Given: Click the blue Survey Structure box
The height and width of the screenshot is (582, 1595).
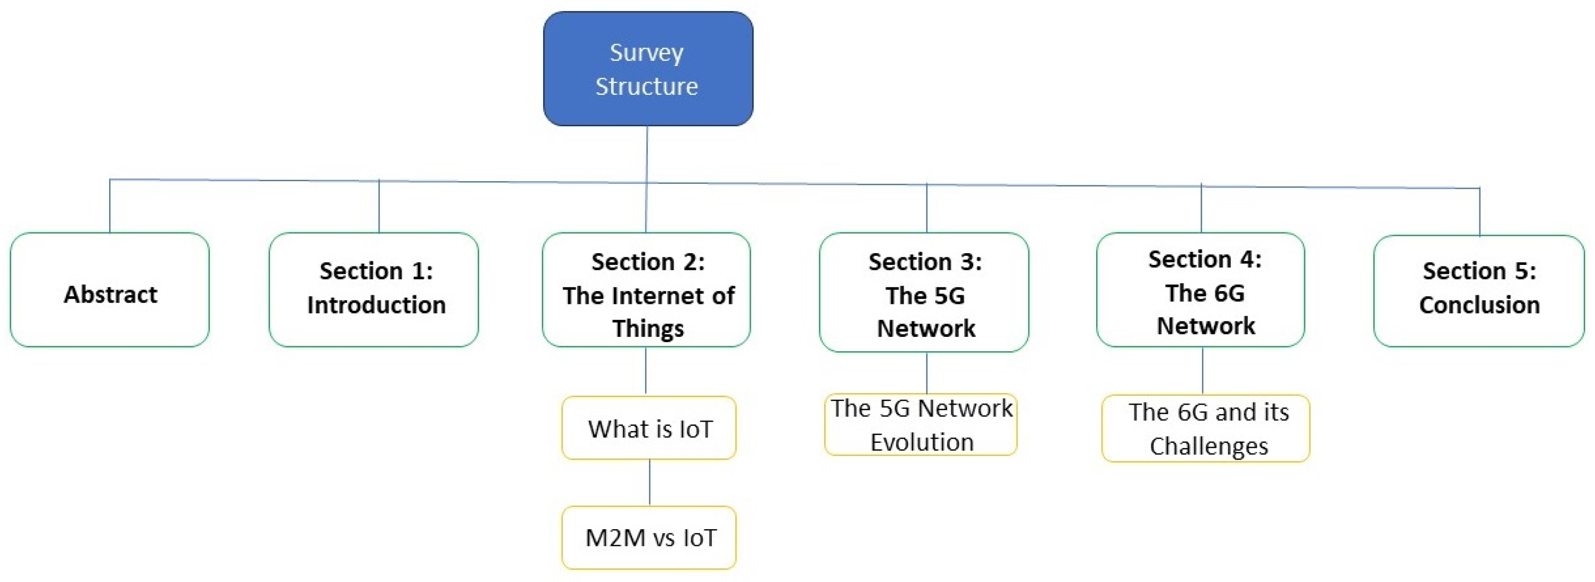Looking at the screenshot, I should [x=648, y=68].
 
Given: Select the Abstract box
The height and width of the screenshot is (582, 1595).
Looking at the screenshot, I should [x=110, y=289].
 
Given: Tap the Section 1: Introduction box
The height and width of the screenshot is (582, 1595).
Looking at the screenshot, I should [x=373, y=289].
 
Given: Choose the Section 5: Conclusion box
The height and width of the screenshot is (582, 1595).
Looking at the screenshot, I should [x=1478, y=290].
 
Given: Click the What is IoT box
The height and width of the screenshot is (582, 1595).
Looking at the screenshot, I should [x=649, y=427].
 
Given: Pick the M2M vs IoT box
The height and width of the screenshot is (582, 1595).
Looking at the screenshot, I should [x=649, y=537].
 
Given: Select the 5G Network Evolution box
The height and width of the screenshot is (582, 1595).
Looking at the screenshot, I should [x=920, y=425].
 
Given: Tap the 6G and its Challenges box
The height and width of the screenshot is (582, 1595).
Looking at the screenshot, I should [x=1205, y=429].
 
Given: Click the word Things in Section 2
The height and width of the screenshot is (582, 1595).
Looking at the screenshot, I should [x=648, y=328].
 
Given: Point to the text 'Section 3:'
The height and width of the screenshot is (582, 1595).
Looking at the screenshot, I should [x=925, y=262].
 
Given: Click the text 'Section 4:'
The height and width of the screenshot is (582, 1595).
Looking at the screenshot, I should [x=1205, y=259].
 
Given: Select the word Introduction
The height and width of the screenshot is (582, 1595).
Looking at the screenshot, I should [x=376, y=305].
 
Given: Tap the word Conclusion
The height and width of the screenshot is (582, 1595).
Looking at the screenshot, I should [x=1479, y=305].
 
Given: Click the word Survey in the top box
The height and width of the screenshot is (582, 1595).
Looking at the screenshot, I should [x=646, y=52].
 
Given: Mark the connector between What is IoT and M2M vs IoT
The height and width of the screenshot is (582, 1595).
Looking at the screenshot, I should [x=649, y=482].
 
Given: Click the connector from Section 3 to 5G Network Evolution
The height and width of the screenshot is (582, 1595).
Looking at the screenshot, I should [x=927, y=372].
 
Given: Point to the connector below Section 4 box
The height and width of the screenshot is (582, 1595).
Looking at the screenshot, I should [x=1203, y=370].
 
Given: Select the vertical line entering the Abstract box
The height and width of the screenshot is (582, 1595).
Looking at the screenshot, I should [x=110, y=206].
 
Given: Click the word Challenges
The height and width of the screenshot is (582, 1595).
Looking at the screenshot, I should [x=1208, y=446].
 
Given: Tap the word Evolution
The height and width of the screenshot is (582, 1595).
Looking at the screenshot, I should [x=922, y=442].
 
